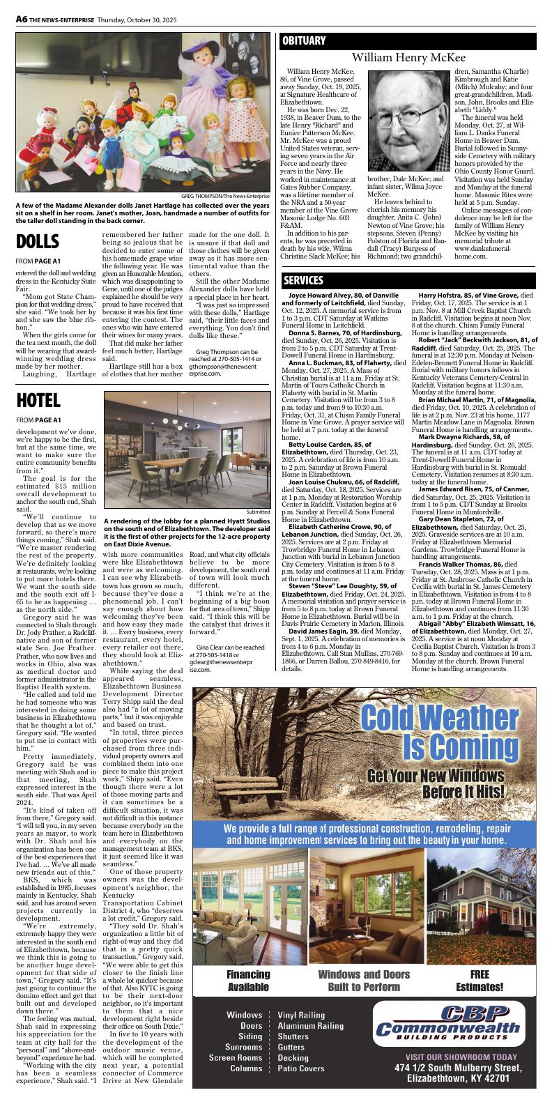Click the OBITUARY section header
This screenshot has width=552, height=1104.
click(304, 41)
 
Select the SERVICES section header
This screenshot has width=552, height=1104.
click(304, 280)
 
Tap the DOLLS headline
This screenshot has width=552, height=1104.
click(38, 242)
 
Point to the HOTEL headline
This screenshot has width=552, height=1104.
click(38, 400)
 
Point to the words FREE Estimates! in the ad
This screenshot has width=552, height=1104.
click(480, 980)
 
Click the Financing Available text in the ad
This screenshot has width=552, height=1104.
click(248, 980)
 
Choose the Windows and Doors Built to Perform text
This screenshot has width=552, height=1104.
click(364, 980)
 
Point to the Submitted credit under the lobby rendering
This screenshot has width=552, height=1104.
click(256, 512)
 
